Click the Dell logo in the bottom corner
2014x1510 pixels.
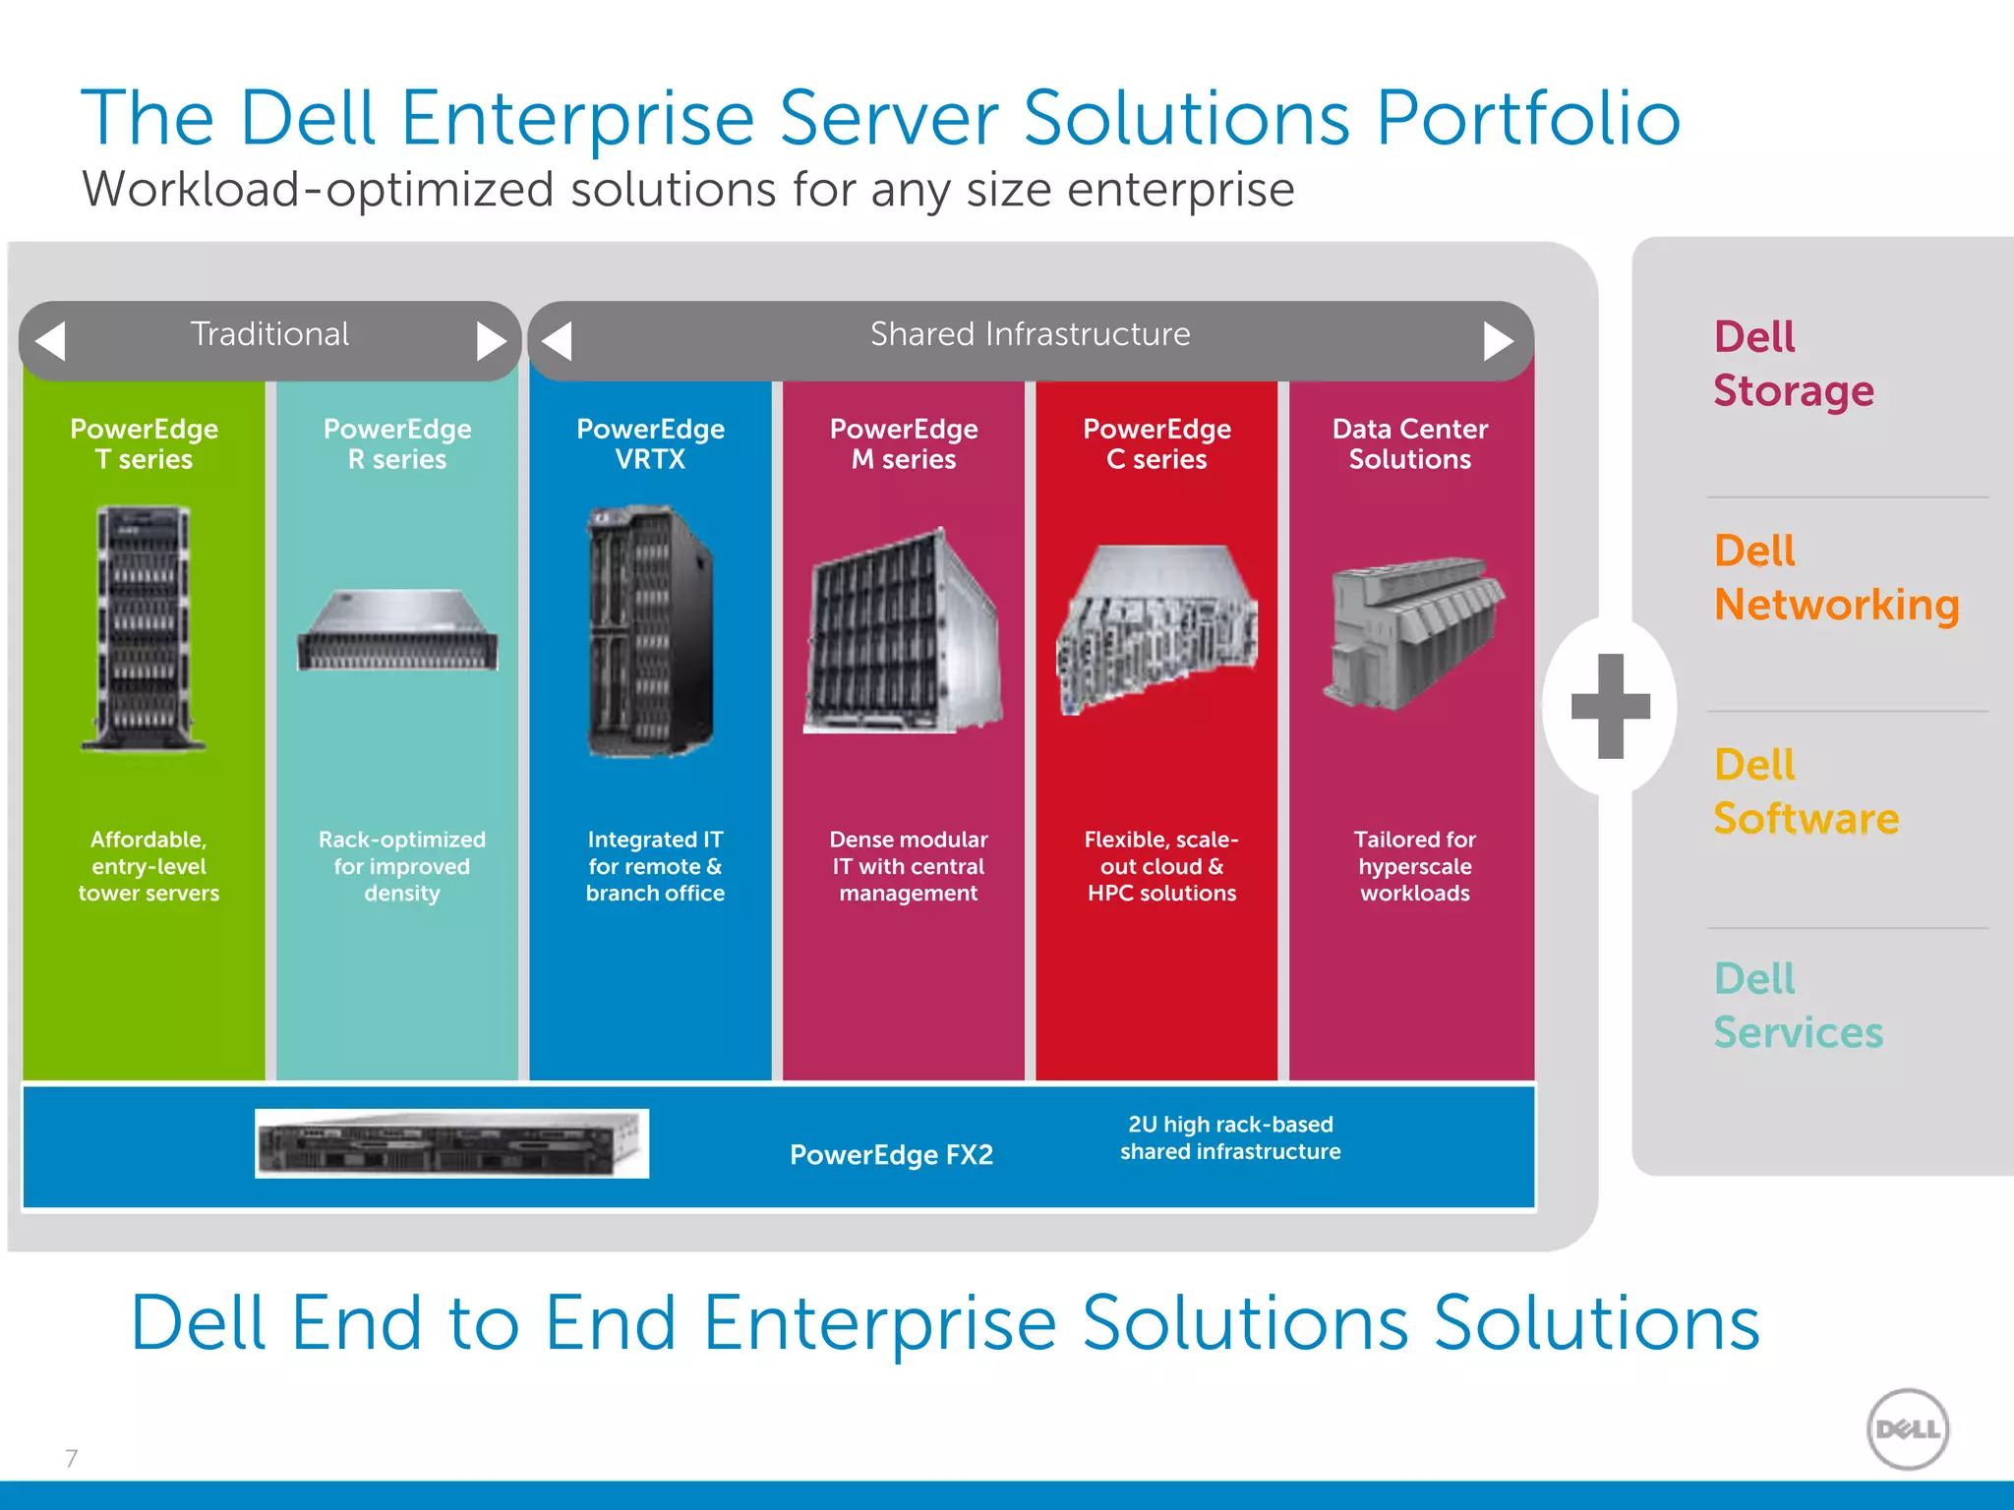tap(1907, 1428)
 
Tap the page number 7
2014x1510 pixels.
tap(71, 1458)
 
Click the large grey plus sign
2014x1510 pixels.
tap(1610, 706)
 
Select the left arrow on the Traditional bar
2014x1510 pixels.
tap(51, 341)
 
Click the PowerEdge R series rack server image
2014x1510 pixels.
tap(397, 631)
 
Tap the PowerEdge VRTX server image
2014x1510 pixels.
tap(650, 631)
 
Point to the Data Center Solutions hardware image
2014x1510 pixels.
tap(1412, 631)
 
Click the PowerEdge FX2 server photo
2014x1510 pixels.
tap(451, 1144)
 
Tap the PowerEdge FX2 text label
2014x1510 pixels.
tap(891, 1154)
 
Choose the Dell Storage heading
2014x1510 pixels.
tap(1793, 364)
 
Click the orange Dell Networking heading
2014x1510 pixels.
tap(1835, 578)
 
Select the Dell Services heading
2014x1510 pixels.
tap(1797, 1006)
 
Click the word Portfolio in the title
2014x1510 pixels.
tap(1527, 118)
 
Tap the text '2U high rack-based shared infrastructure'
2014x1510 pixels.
tap(1230, 1137)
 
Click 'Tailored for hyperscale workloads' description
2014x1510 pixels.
tap(1414, 866)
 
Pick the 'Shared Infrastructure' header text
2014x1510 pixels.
tap(1030, 334)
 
